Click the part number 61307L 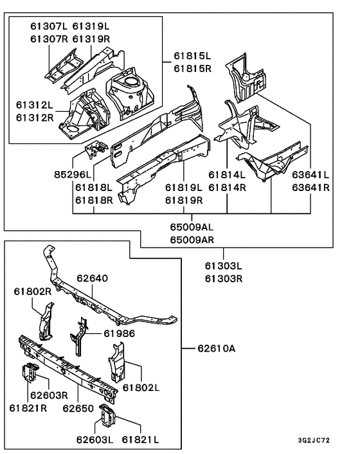tap(48, 26)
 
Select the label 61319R tap(91, 39)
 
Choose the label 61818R tap(94, 200)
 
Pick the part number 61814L tap(227, 174)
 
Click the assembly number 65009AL tap(192, 227)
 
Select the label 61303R tap(224, 278)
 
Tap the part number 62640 tap(92, 280)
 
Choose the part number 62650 tap(80, 408)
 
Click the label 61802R tap(33, 291)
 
